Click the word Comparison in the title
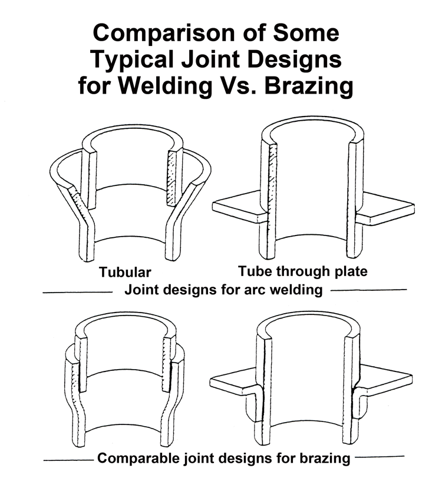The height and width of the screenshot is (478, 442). click(165, 34)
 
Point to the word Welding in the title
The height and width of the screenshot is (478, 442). click(165, 86)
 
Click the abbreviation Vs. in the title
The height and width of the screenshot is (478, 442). click(238, 86)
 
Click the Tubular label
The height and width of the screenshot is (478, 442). click(125, 272)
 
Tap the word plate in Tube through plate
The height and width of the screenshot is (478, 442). click(351, 271)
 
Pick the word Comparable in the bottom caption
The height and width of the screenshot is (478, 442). click(138, 458)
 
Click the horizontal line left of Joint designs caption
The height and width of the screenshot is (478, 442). click(78, 293)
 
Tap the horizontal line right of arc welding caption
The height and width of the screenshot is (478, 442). click(369, 290)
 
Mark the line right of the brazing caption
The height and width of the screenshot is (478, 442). click(380, 457)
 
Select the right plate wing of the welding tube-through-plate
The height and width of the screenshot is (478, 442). click(386, 209)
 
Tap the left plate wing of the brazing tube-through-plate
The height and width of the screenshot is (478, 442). click(233, 381)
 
